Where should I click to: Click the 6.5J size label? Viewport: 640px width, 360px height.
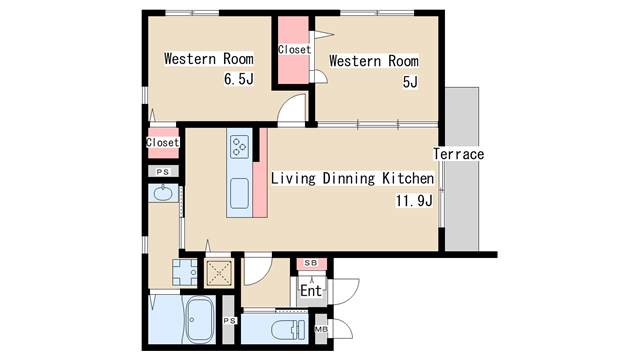coord(239,78)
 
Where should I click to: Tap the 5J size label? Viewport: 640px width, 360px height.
coord(410,82)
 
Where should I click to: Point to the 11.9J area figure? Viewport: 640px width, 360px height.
coord(414,201)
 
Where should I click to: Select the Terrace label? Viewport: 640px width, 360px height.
coord(459,154)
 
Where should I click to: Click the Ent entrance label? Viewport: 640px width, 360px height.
coord(311,291)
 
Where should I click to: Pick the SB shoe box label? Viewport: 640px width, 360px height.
coord(311,263)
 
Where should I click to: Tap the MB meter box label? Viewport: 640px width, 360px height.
coord(321,329)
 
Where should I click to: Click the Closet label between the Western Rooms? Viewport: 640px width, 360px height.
coord(294,49)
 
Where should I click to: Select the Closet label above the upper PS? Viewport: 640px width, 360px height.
coord(163,142)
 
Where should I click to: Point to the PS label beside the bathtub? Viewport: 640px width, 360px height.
coord(229,321)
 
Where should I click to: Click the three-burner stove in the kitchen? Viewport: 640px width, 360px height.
coord(240,147)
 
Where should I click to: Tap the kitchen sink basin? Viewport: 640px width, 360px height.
coord(239,193)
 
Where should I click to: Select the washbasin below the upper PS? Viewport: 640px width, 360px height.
coord(163,193)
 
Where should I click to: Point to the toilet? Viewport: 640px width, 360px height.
coord(289,329)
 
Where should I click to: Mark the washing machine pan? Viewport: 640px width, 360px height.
coord(184,272)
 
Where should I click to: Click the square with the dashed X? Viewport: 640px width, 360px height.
coord(219,272)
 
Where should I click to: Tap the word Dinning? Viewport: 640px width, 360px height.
coord(349,178)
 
